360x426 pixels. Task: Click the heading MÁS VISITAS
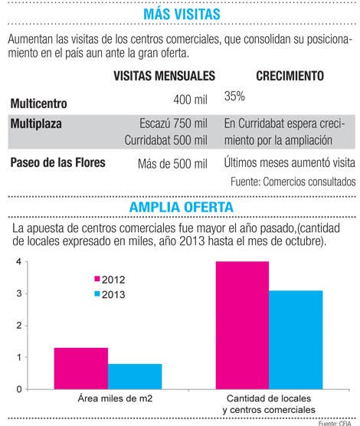182,14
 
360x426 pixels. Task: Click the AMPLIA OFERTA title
182,207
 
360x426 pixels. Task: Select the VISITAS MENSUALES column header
164,76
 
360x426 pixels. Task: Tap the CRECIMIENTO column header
290,76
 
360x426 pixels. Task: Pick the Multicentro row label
38,103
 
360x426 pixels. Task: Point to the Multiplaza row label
36,124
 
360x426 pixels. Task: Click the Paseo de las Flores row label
57,162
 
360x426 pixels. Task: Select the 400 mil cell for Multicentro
190,100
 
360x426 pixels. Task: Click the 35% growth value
234,97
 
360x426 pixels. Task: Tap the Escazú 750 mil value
173,123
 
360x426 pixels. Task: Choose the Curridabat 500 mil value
165,140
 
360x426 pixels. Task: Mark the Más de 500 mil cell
172,164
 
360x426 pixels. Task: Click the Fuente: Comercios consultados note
293,182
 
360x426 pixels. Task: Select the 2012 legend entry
110,280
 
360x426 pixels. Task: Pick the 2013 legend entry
110,294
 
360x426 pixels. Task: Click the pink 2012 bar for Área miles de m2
81,369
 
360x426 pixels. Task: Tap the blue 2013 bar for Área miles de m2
135,376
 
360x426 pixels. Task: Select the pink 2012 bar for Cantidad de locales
242,326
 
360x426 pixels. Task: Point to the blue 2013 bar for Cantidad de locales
296,340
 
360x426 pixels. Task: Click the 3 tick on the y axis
18,293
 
